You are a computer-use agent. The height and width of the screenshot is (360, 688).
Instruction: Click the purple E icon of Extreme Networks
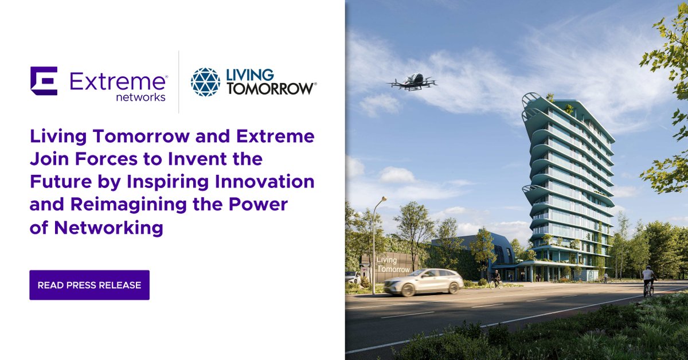pyautogui.click(x=44, y=81)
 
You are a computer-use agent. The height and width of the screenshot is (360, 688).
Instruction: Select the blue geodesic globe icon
pyautogui.click(x=205, y=81)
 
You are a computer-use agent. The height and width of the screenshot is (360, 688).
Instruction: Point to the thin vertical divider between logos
pyautogui.click(x=178, y=81)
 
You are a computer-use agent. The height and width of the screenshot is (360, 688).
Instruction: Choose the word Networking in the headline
pyautogui.click(x=109, y=228)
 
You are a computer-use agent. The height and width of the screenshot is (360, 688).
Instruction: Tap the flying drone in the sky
pyautogui.click(x=412, y=81)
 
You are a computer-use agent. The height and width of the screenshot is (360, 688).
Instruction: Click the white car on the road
pyautogui.click(x=424, y=281)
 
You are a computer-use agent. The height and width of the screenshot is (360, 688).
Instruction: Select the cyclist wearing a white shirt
pyautogui.click(x=648, y=279)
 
